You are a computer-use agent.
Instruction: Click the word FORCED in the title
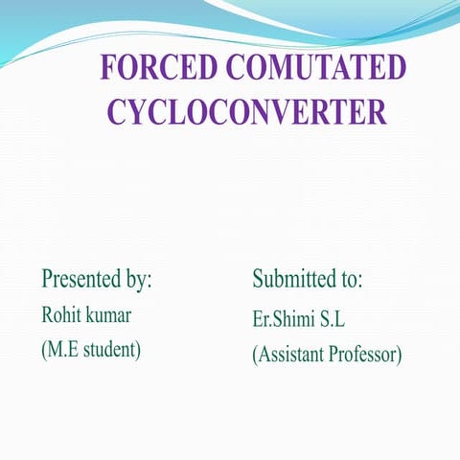tap(158, 70)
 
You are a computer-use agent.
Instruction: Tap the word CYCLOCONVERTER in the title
tap(247, 111)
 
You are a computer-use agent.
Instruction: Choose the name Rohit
tap(62, 314)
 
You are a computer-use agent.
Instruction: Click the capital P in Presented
tap(47, 280)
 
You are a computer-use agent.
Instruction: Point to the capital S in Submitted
tap(259, 280)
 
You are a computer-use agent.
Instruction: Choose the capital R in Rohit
tap(47, 314)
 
